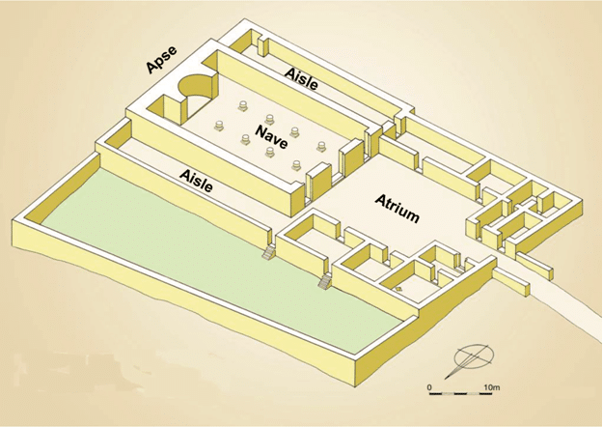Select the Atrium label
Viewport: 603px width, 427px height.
397,209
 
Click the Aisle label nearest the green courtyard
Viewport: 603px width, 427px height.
196,181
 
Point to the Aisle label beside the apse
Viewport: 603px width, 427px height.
301,78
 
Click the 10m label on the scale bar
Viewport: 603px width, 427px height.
491,387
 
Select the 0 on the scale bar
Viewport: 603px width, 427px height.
429,387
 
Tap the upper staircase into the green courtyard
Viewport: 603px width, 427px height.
269,252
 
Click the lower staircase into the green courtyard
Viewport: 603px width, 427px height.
324,282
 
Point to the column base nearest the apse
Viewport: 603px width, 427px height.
243,106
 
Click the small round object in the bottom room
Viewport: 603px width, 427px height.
398,289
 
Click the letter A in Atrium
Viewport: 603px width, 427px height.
381,200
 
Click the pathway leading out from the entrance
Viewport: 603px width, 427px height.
558,304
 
